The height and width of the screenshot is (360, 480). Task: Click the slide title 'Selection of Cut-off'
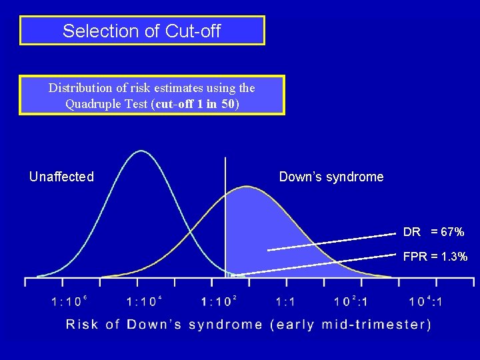(141, 31)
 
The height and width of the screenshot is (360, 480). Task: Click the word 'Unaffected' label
(61, 177)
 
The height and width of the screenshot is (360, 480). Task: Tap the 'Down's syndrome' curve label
(331, 177)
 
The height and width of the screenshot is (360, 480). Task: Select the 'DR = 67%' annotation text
(433, 232)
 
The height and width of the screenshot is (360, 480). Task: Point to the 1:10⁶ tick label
(70, 301)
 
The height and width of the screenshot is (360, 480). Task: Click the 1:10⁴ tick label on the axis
(145, 301)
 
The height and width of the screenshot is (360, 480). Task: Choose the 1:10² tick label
(219, 301)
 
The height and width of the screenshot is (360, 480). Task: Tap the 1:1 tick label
(285, 302)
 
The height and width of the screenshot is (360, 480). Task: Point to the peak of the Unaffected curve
(141, 151)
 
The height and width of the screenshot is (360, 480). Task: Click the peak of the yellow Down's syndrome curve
(246, 187)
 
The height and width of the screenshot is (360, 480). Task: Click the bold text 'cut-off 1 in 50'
(196, 103)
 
